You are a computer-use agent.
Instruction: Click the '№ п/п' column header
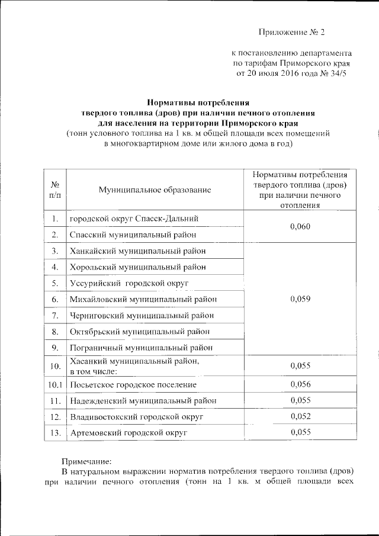(54, 189)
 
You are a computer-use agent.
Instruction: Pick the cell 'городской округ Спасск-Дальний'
(133, 219)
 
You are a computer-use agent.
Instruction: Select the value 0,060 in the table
(301, 227)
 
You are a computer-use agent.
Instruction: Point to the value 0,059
(301, 299)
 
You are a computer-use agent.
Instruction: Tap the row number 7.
(54, 315)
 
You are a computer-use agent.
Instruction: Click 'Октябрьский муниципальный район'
(139, 331)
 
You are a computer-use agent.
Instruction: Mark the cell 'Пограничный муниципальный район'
(141, 347)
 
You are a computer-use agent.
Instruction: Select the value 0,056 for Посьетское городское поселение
(301, 384)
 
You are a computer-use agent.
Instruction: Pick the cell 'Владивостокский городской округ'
(136, 417)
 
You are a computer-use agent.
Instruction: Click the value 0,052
(301, 417)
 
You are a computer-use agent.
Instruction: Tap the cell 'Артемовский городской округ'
(129, 433)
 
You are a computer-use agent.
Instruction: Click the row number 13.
(54, 433)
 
